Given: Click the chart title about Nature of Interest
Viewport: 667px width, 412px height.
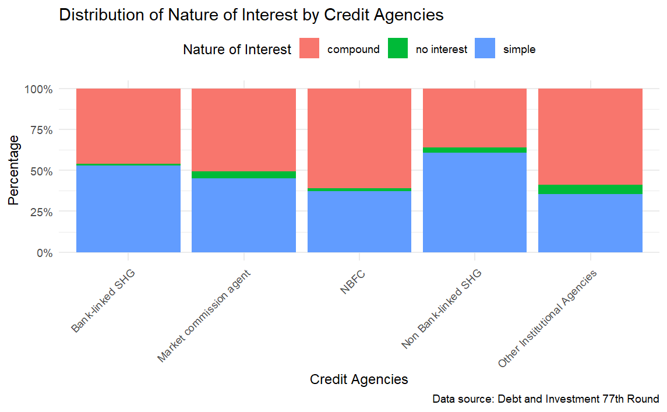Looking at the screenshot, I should [251, 15].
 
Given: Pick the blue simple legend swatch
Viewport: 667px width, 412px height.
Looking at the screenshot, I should [485, 49].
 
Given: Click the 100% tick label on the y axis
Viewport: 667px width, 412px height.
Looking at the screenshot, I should [38, 89].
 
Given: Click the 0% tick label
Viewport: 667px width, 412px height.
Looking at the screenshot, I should [44, 253].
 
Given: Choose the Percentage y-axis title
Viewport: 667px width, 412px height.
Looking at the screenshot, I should [14, 170].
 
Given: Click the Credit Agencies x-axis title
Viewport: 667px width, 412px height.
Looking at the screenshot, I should [359, 379].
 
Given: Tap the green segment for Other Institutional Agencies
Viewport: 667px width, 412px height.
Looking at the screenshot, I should [590, 189].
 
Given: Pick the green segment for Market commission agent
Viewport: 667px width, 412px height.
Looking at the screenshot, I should [244, 175].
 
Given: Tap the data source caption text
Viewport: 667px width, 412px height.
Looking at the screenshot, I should [545, 399].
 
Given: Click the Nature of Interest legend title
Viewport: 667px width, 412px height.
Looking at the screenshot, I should [237, 50].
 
